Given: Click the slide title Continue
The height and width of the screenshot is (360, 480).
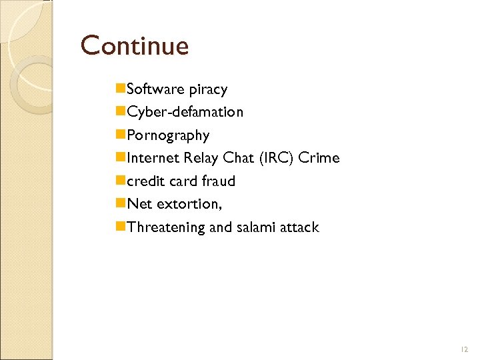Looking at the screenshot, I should (135, 46).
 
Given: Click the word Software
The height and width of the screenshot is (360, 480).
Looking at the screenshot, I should (155, 89).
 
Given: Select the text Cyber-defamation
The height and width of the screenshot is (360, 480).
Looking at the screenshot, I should (185, 112).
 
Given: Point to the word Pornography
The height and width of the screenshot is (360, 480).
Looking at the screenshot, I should (168, 135).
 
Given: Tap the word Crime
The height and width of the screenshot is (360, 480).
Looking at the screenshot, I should (319, 158).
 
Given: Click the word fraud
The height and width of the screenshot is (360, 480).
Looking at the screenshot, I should (217, 181).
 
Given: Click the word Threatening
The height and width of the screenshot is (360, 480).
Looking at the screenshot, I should (166, 227).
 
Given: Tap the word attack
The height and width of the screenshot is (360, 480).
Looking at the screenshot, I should (300, 227).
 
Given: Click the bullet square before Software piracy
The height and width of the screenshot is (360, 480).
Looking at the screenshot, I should (121, 89).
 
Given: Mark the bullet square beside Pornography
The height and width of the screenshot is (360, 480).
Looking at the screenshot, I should (121, 135).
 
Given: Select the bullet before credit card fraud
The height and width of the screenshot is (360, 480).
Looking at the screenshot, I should (121, 181).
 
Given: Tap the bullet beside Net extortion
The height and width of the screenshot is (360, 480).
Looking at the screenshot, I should (121, 203).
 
